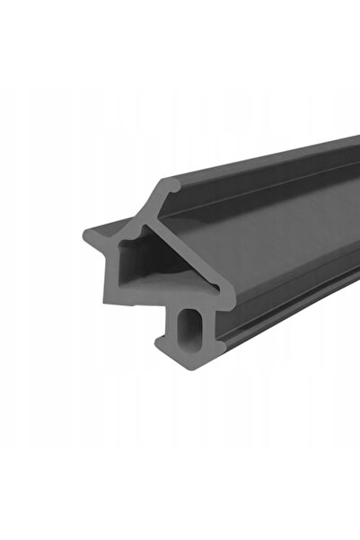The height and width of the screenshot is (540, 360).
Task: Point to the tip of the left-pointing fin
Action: (x=85, y=235)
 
